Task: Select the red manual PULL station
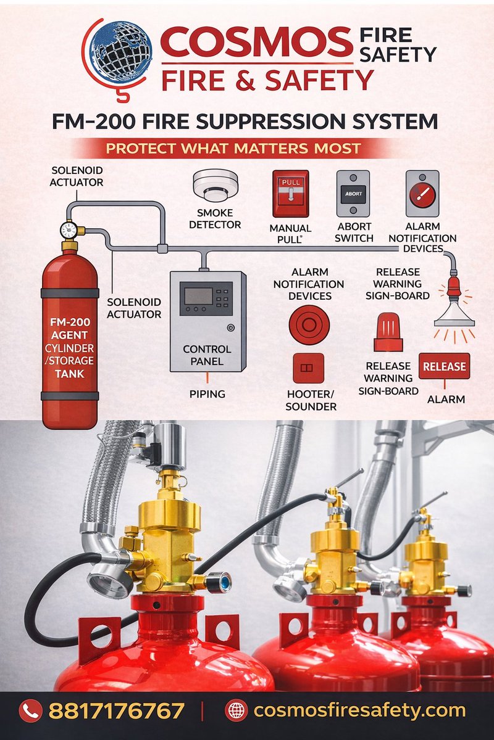tap(290, 194)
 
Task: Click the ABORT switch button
tap(353, 194)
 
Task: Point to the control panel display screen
tap(199, 295)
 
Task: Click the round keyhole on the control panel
tap(231, 327)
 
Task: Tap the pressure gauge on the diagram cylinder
tap(69, 229)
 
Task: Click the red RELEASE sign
tap(444, 366)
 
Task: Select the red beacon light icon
tap(388, 332)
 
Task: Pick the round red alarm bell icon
tap(309, 325)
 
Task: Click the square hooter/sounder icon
tap(308, 368)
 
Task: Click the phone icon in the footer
tap(31, 710)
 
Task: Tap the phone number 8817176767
tap(117, 710)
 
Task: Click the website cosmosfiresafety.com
tap(359, 710)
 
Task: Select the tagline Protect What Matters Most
tap(233, 149)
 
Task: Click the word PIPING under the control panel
tap(207, 394)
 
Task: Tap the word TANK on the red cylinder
tap(70, 374)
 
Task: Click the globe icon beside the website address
tap(237, 710)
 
